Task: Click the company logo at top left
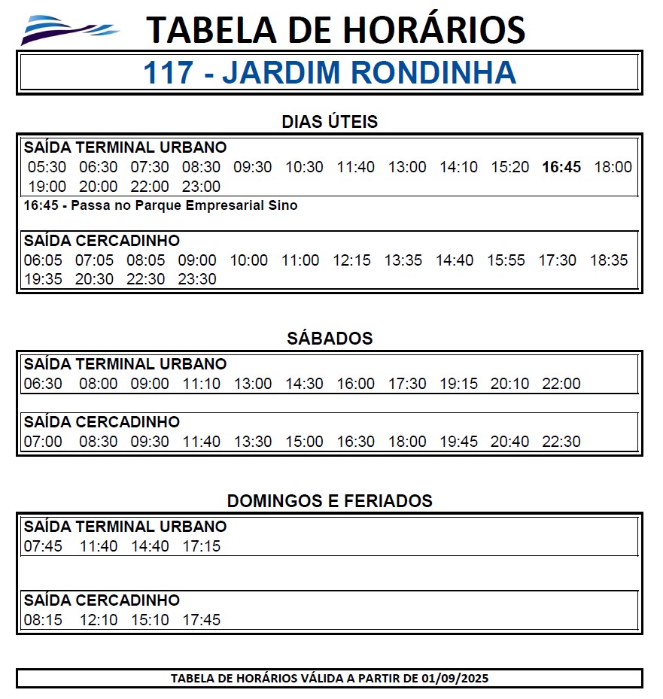point(69,30)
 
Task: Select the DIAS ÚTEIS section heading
point(330,122)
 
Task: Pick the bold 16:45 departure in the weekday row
point(561,167)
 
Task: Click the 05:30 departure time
point(47,167)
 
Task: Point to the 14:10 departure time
point(458,167)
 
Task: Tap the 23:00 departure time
point(202,187)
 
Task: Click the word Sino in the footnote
point(284,205)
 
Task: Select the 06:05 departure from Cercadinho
point(43,260)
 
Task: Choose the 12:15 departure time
point(352,260)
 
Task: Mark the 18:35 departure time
point(609,260)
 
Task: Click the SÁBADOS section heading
point(330,339)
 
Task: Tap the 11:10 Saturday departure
point(202,384)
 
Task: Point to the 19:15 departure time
point(458,384)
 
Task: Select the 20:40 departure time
point(509,442)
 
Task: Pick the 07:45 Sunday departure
point(43,546)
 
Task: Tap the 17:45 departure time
point(202,621)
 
